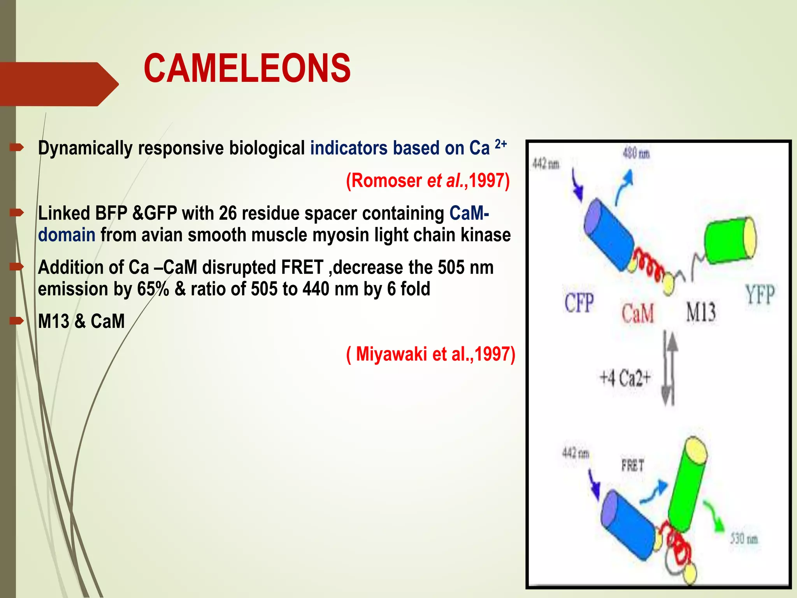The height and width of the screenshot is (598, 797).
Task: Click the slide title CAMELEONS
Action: click(x=247, y=69)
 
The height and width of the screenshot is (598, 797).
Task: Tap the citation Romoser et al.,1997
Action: click(x=428, y=181)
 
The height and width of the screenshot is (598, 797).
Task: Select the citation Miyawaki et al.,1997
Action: click(x=431, y=354)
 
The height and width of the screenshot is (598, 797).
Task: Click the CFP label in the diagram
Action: click(x=579, y=303)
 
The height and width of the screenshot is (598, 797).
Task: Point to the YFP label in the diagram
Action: click(x=759, y=294)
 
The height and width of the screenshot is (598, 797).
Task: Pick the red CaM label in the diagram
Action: click(x=637, y=313)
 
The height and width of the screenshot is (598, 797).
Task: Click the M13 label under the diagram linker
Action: click(x=700, y=312)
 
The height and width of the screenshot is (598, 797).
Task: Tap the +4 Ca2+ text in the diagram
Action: click(x=625, y=378)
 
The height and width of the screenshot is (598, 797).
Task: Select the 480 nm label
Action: click(x=636, y=154)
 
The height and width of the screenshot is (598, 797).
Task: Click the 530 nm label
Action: click(x=744, y=539)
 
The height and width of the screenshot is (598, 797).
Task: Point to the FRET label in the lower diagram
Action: click(x=632, y=465)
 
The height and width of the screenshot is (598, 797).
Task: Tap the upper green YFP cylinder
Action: click(x=730, y=241)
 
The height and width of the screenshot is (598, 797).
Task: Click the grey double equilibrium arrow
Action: click(x=669, y=368)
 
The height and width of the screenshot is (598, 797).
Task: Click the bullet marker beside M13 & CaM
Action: click(x=17, y=321)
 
